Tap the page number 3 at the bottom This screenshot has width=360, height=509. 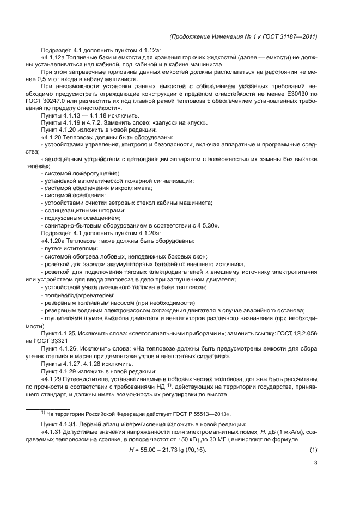coord(315,463)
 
